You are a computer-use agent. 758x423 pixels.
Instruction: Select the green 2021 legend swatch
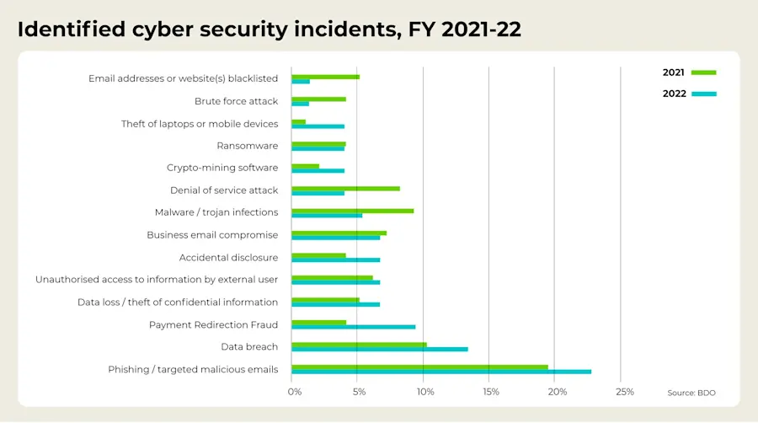point(703,72)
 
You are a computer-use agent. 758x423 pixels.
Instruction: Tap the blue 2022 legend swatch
point(703,94)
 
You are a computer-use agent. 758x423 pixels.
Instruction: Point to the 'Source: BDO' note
point(691,393)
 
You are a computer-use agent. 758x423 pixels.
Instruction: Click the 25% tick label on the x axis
point(624,392)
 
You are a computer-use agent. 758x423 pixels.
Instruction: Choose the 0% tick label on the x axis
point(294,392)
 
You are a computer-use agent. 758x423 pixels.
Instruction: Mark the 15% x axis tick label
point(491,392)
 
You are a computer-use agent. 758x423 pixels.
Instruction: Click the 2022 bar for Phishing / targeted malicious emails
point(441,372)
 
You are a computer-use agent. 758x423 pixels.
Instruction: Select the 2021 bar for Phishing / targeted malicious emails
point(419,367)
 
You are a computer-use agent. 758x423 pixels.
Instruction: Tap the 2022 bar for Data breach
point(379,349)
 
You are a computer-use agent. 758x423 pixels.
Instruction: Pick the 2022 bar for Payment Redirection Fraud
point(353,327)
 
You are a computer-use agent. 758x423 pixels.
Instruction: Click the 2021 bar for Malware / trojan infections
point(352,210)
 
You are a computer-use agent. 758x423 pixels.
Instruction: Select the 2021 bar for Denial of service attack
point(345,188)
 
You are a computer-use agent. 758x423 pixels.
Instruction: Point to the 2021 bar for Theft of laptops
point(298,121)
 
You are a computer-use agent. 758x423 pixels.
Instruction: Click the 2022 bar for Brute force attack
point(300,104)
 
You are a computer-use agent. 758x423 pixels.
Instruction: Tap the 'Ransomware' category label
point(247,146)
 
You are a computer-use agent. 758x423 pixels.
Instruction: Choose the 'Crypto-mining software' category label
point(222,168)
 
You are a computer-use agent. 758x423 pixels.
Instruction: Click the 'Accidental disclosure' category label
point(228,257)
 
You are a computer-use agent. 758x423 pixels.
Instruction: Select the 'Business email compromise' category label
point(212,235)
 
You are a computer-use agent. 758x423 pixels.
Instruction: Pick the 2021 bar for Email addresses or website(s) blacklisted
point(325,77)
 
